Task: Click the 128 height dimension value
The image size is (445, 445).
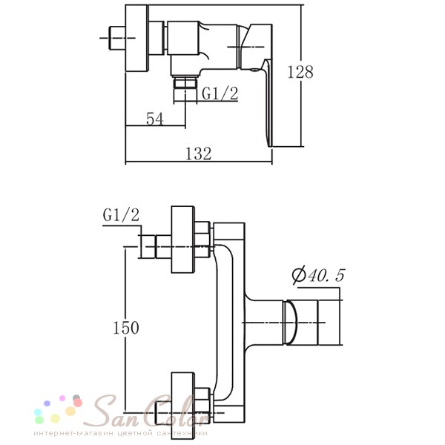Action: [300, 72]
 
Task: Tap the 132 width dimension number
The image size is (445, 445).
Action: [198, 154]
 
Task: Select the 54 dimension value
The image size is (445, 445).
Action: [155, 119]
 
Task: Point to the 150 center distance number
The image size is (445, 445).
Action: [126, 328]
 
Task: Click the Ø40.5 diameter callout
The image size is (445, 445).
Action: [318, 274]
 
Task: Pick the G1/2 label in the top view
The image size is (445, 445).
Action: [220, 93]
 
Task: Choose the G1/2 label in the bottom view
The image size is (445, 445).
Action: [121, 214]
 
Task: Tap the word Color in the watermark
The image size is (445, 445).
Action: [177, 411]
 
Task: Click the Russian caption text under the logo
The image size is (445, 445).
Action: [121, 433]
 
